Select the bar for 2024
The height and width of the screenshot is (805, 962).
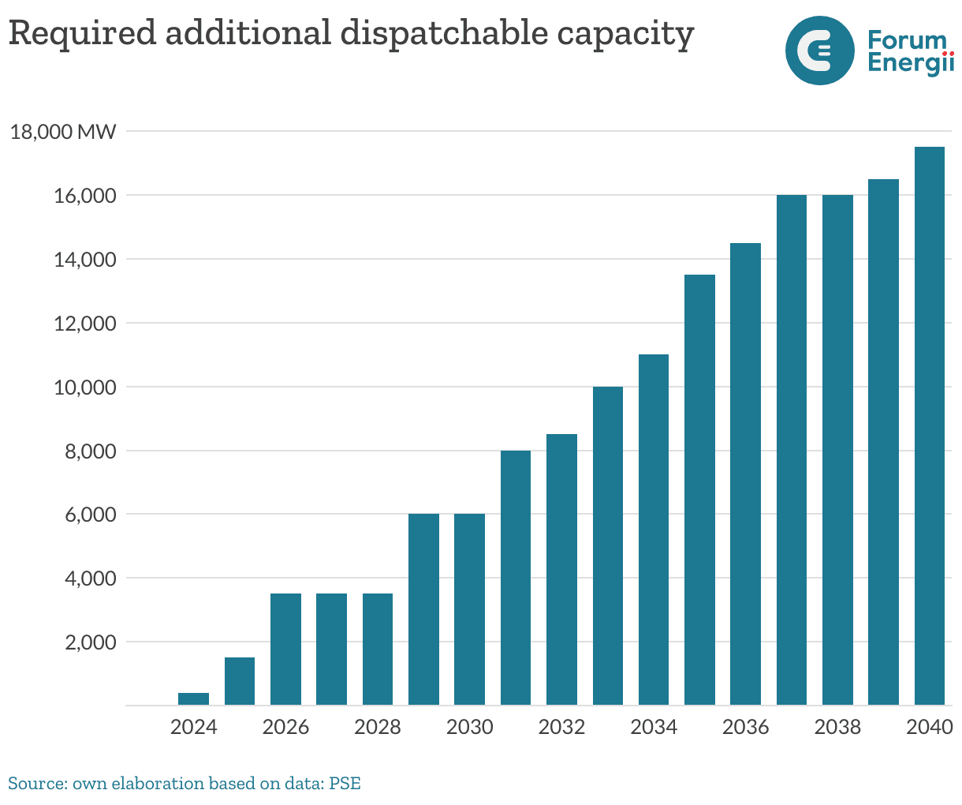pos(194,699)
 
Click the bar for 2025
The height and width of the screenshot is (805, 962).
pos(240,681)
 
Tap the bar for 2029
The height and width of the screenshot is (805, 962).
pos(423,609)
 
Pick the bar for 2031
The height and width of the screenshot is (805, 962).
pos(516,578)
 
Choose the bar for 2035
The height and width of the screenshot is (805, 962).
pos(699,489)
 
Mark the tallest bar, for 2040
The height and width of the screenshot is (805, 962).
pos(930,426)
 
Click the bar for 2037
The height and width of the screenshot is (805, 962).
pos(792,450)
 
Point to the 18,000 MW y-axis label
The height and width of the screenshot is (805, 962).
pos(63,132)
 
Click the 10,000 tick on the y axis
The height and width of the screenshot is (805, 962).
pos(84,388)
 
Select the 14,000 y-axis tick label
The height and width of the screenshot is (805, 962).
pos(84,260)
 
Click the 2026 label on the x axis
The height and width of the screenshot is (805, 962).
pos(285,727)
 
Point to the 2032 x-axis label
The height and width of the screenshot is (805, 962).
pos(561,727)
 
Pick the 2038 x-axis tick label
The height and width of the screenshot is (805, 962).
pos(837,727)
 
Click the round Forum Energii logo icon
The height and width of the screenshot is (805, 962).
pos(820,51)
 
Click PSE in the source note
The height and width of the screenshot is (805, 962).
pos(345,784)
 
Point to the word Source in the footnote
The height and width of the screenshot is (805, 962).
pos(37,784)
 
